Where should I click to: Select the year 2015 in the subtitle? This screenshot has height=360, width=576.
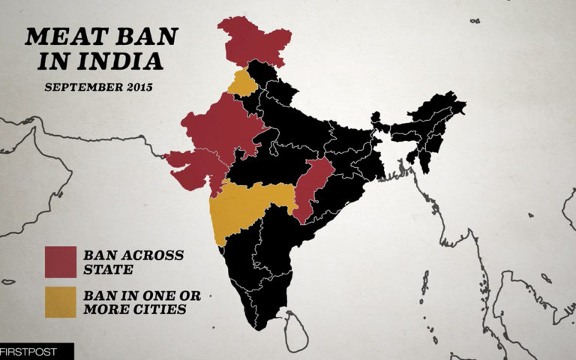(x=139, y=87)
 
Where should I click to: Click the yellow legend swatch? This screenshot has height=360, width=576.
(x=61, y=301)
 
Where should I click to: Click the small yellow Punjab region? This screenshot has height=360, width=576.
(x=242, y=83)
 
